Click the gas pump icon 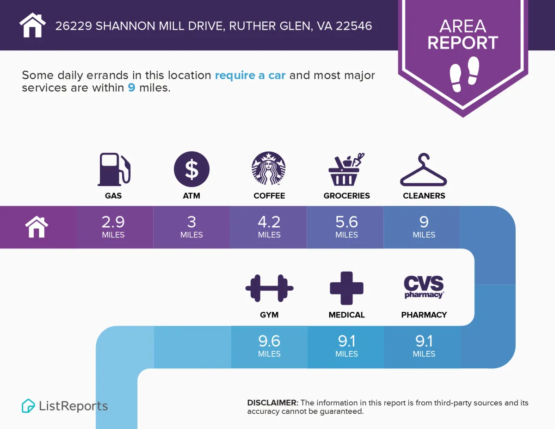click(x=113, y=169)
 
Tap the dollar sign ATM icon click(x=191, y=169)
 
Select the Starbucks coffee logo click(x=269, y=168)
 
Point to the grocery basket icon click(x=346, y=169)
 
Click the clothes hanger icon click(x=423, y=170)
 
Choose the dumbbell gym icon click(x=269, y=288)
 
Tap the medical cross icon click(x=346, y=288)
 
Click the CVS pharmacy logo click(x=424, y=287)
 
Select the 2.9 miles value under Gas click(x=113, y=226)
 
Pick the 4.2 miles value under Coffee click(x=269, y=226)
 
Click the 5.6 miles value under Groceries click(x=346, y=226)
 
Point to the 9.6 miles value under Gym click(x=269, y=345)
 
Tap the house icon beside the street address click(x=33, y=25)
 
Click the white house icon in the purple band click(x=37, y=227)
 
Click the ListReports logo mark click(x=28, y=406)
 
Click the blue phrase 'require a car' click(x=250, y=75)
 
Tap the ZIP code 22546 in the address click(x=354, y=26)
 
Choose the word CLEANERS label click(x=424, y=196)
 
